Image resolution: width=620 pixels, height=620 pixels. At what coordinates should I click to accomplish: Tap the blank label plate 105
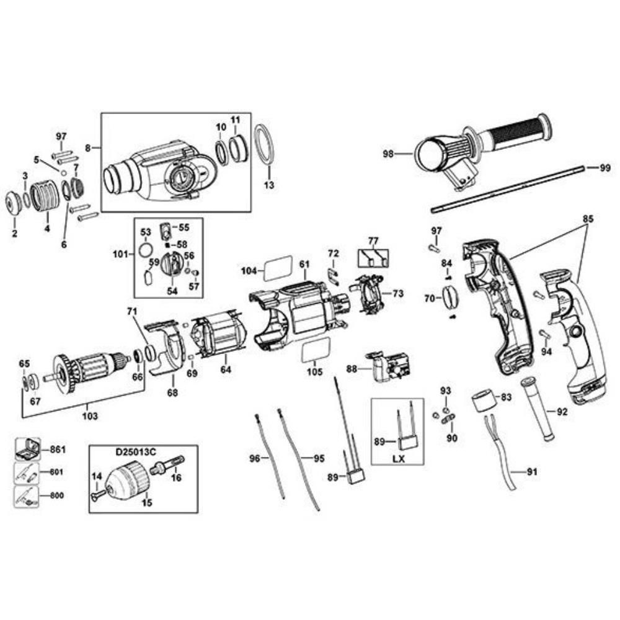pyautogui.click(x=314, y=353)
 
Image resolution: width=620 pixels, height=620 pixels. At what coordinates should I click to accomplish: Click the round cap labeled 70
pyautogui.click(x=450, y=297)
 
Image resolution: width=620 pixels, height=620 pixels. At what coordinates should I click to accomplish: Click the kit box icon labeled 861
pyautogui.click(x=27, y=448)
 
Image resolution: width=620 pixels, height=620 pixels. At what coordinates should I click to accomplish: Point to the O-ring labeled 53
pyautogui.click(x=144, y=250)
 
